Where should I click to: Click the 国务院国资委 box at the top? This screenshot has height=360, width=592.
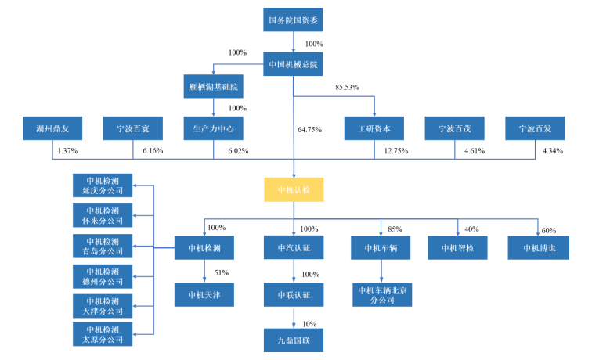[x=294, y=20]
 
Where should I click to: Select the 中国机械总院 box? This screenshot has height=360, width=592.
[x=294, y=64]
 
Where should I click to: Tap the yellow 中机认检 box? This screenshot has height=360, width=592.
[x=294, y=189]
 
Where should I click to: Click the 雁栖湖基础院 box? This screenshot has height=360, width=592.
[x=214, y=85]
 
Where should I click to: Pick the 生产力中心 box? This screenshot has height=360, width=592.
[x=214, y=127]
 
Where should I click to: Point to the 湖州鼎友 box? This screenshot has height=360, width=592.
[x=52, y=127]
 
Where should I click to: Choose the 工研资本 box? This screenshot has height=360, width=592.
[x=374, y=127]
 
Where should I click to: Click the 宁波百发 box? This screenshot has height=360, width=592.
[x=538, y=127]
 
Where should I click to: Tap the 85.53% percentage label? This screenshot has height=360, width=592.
[x=347, y=86]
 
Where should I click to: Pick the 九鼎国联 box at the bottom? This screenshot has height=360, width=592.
[x=294, y=342]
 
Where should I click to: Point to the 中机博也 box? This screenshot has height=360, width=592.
[x=538, y=248]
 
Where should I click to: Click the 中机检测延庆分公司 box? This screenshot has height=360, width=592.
[x=102, y=185]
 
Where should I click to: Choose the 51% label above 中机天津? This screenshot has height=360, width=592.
[x=221, y=273]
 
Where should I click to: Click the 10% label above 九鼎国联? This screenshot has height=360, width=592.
[x=310, y=322]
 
